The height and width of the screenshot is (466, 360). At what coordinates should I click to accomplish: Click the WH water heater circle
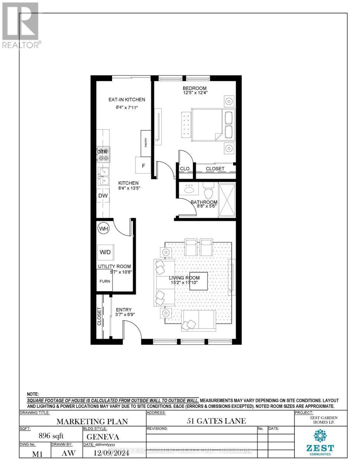(103, 229)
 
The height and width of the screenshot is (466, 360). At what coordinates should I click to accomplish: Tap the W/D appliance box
(105, 252)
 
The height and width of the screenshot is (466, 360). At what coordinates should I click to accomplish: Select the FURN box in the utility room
(104, 281)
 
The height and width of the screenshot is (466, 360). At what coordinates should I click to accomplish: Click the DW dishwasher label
(102, 196)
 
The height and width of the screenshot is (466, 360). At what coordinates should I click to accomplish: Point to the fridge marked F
(143, 165)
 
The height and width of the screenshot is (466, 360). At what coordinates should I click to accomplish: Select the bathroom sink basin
(190, 190)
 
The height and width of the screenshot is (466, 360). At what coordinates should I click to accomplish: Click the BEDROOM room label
(195, 88)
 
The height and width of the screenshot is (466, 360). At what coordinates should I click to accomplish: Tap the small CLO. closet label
(185, 169)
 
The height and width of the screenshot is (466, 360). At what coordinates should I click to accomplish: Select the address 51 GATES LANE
(219, 421)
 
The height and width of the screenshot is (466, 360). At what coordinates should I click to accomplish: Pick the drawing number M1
(34, 453)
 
